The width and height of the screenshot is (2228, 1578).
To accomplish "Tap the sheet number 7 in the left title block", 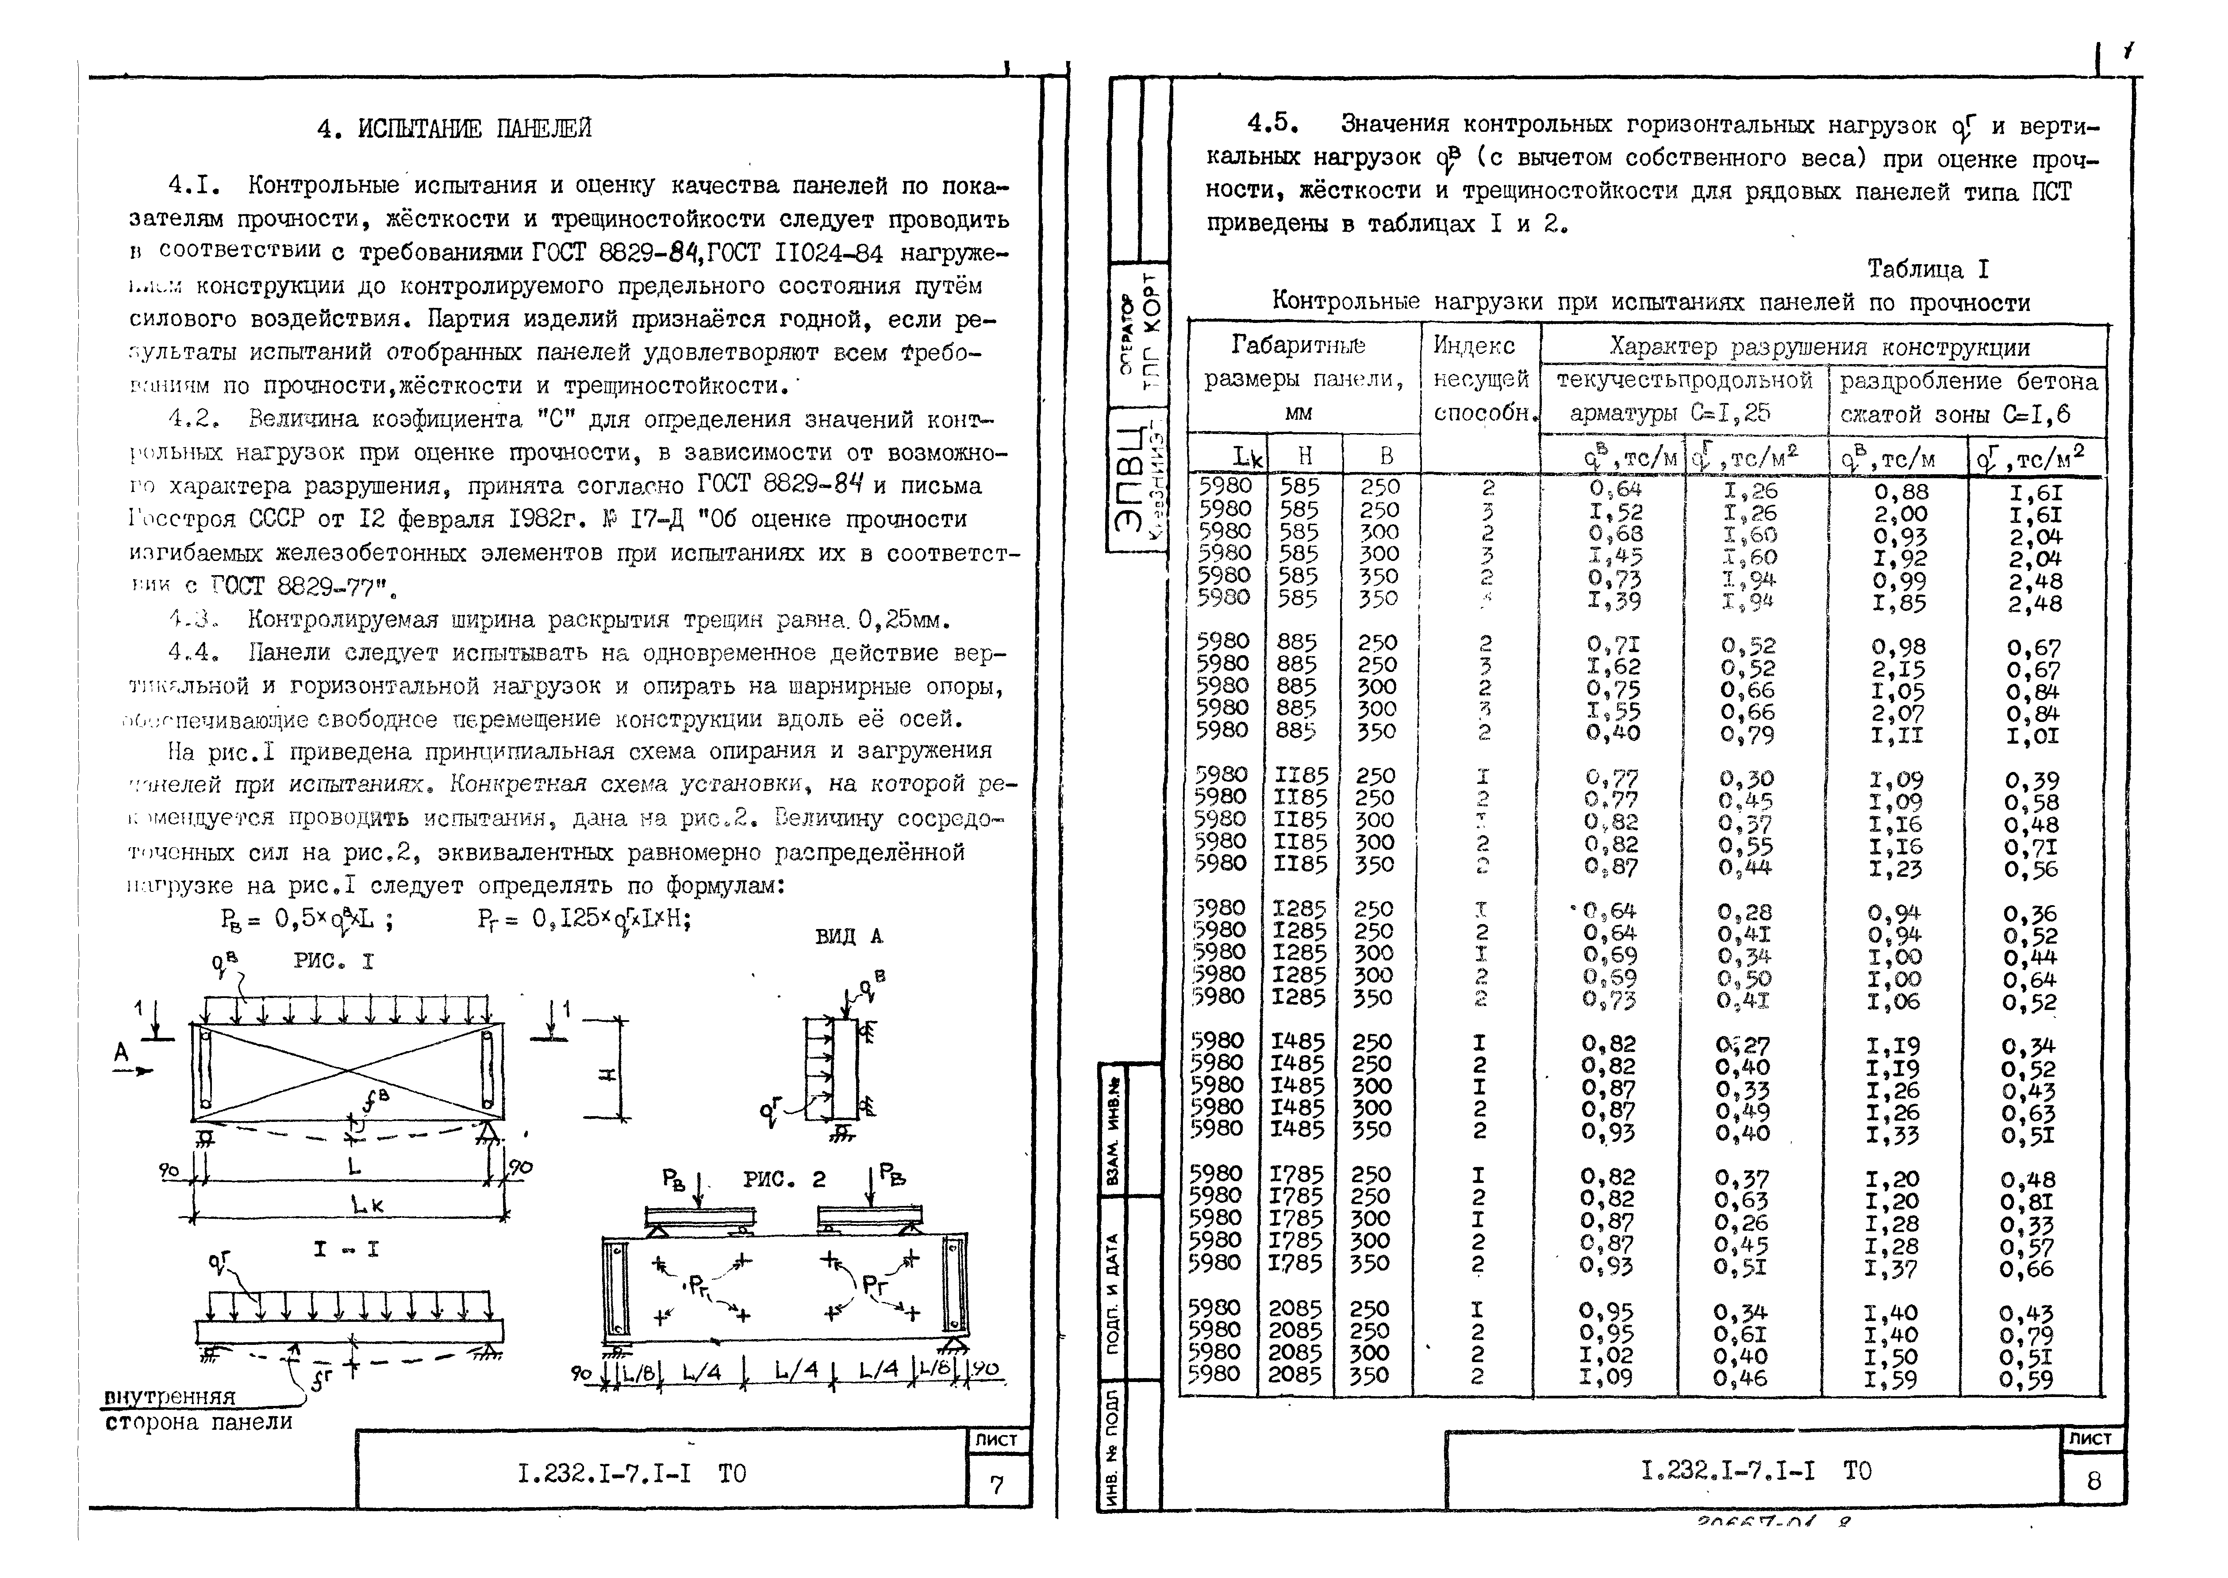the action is [x=996, y=1485].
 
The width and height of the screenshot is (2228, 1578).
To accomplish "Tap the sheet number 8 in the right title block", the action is [x=2093, y=1481].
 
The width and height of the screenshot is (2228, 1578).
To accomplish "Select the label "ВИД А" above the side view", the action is [x=848, y=937].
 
